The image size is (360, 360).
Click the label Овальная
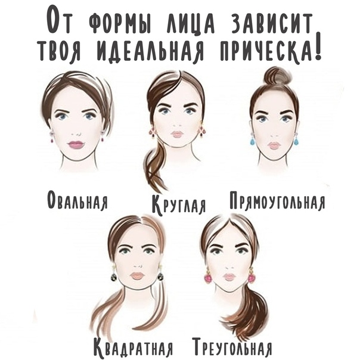pyautogui.click(x=77, y=200)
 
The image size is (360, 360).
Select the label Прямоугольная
pyautogui.click(x=277, y=200)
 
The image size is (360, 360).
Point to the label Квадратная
pyautogui.click(x=133, y=349)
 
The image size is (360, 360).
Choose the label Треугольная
pyautogui.click(x=233, y=348)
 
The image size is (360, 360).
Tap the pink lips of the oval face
pyautogui.click(x=76, y=145)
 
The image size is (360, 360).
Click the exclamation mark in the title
pyautogui.click(x=318, y=45)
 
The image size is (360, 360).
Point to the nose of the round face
pyautogui.click(x=178, y=125)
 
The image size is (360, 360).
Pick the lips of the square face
pyautogui.click(x=137, y=275)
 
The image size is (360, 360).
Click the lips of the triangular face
pyautogui.click(x=228, y=277)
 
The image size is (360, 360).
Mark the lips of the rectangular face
pyautogui.click(x=274, y=145)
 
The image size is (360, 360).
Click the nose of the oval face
pyautogui.click(x=76, y=134)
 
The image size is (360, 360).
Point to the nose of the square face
pyautogui.click(x=137, y=266)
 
